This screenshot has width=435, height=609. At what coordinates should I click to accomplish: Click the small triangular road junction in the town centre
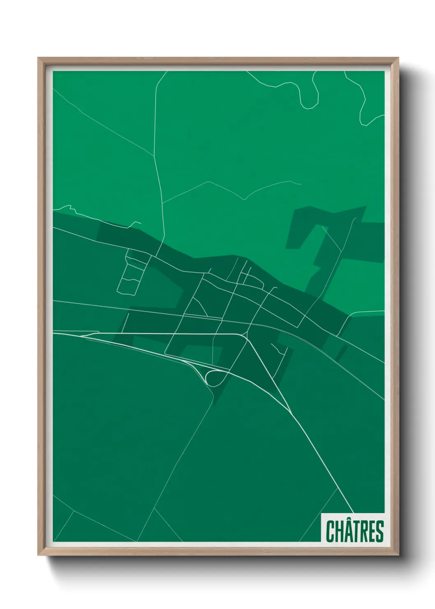197,307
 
